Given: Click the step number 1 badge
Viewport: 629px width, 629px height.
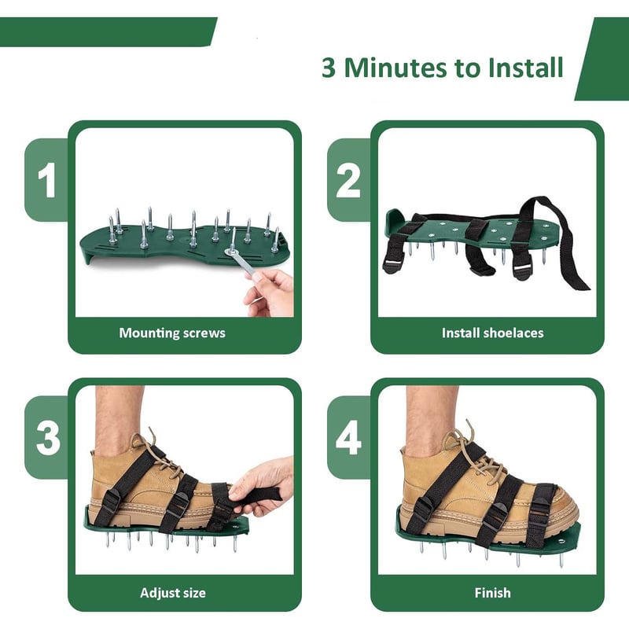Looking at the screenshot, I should click(x=47, y=180).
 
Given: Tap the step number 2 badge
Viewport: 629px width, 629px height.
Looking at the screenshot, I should click(x=348, y=180).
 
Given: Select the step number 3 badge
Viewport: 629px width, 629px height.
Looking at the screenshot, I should click(x=47, y=438).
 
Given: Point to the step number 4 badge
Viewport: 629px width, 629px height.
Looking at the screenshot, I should click(x=348, y=438).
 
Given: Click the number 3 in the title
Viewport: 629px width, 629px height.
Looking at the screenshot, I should click(x=329, y=68).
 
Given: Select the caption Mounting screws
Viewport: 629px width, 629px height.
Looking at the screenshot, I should click(x=172, y=333).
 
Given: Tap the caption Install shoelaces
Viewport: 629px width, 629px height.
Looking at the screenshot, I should click(x=492, y=333).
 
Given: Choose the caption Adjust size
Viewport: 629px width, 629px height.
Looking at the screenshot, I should click(x=172, y=593).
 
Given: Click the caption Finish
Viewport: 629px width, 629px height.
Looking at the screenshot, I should click(x=492, y=593).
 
